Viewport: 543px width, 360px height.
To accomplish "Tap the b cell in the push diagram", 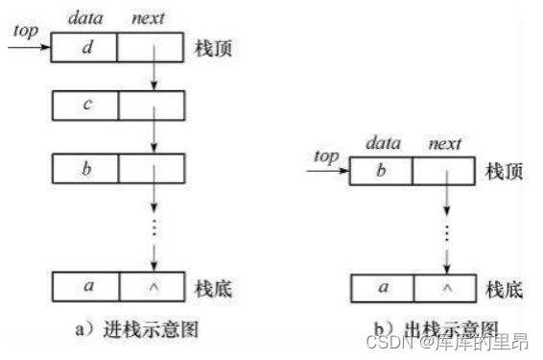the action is pyautogui.click(x=84, y=171).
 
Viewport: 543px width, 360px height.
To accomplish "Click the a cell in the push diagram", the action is pyautogui.click(x=84, y=287).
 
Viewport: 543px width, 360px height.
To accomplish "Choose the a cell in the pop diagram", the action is pyautogui.click(x=381, y=288).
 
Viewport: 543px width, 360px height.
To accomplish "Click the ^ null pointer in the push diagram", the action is pyautogui.click(x=153, y=287).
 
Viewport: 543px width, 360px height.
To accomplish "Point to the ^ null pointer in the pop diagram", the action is pyautogui.click(x=444, y=288).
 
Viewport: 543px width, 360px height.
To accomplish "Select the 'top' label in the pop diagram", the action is pyautogui.click(x=327, y=156).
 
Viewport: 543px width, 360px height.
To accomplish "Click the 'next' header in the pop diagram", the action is pyautogui.click(x=443, y=144).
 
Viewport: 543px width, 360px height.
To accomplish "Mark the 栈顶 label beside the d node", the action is pyautogui.click(x=214, y=48).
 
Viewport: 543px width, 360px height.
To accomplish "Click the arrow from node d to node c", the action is pyautogui.click(x=153, y=73).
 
